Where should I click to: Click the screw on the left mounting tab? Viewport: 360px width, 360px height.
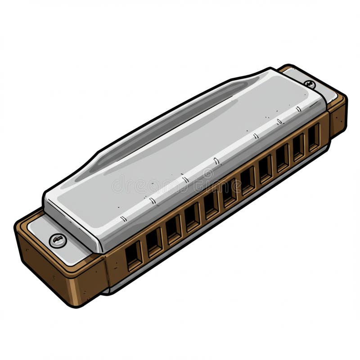tap(58, 240)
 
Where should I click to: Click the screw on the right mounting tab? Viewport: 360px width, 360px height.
tap(310, 84)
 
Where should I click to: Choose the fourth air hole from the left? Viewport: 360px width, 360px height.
tap(192, 217)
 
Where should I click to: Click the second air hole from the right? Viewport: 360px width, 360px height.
tap(298, 147)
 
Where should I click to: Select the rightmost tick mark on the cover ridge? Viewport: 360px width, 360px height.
tap(298, 109)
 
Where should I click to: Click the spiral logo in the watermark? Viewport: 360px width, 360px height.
tap(208, 173)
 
